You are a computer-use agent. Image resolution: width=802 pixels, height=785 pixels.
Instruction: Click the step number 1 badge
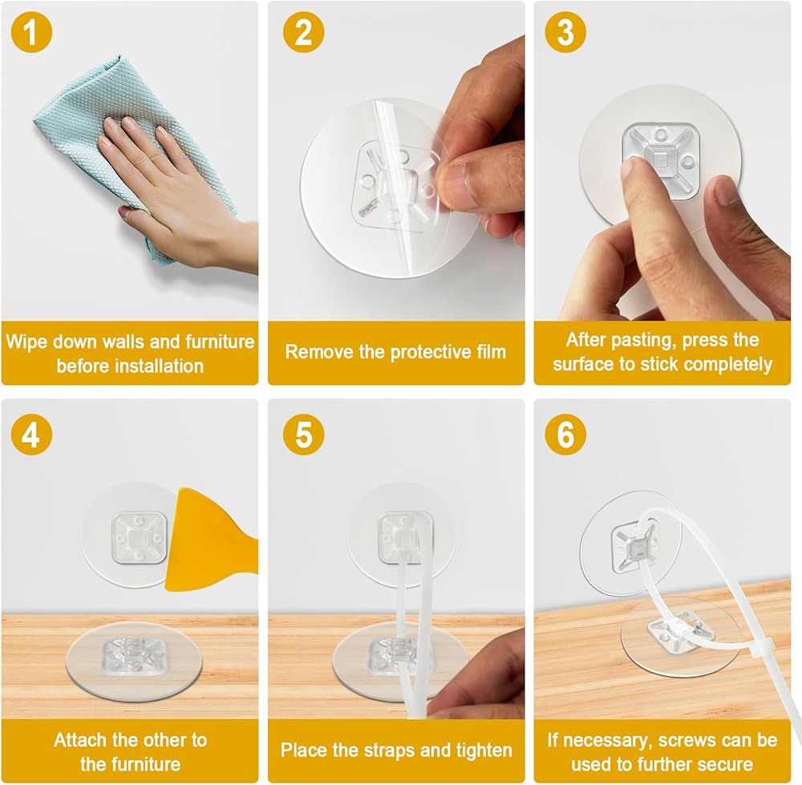coord(31,32)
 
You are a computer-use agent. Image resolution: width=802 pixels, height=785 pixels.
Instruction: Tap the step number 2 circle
coord(303,32)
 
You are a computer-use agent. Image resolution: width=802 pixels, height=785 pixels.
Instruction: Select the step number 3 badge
coord(565,32)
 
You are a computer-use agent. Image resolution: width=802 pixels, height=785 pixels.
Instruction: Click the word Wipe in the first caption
coord(27,341)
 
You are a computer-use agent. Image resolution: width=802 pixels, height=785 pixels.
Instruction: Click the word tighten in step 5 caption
coord(484,751)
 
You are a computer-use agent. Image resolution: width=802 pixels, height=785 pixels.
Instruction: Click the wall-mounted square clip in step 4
coord(139,537)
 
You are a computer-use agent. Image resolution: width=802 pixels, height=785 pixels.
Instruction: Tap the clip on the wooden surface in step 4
coord(135,655)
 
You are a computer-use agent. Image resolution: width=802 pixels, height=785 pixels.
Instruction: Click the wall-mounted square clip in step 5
coord(404,537)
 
